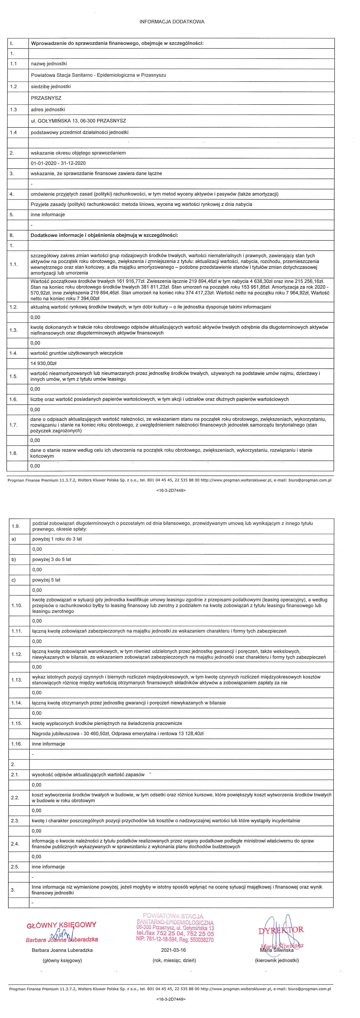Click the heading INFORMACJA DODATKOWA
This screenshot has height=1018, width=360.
pos(172,22)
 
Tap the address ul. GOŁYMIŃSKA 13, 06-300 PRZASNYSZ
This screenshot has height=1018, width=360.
pos(78,121)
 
